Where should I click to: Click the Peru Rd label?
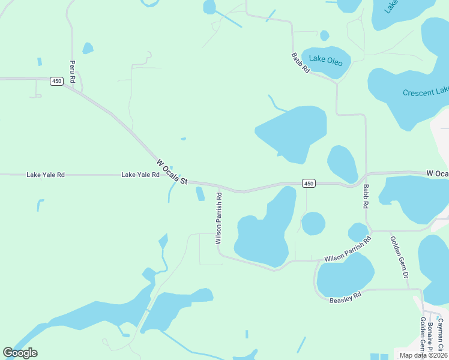[x=72, y=71]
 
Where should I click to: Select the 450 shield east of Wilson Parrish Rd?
[x=308, y=183]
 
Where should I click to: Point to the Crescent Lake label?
[x=426, y=92]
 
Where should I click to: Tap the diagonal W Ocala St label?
[x=172, y=172]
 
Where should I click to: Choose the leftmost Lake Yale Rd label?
[x=45, y=175]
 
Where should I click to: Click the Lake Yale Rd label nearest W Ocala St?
[x=140, y=175]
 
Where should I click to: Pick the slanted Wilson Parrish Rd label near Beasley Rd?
[x=348, y=249]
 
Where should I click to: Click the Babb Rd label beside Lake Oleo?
[x=300, y=63]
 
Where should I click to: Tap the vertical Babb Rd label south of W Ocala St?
[x=366, y=196]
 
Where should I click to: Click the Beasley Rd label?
[x=346, y=296]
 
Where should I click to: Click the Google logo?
[x=20, y=353]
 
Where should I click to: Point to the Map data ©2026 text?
[x=421, y=354]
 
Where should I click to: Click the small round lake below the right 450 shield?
[x=313, y=224]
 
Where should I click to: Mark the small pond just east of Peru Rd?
[x=88, y=48]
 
